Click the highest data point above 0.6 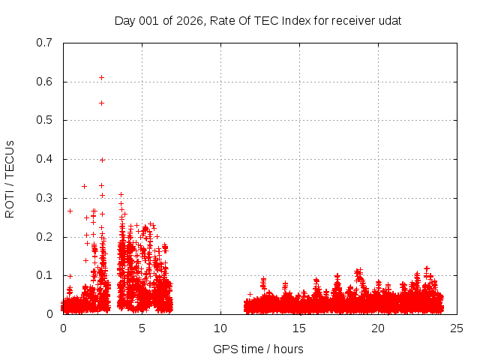pos(101,77)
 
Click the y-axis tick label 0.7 pos(44,43)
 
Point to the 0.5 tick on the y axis pos(44,120)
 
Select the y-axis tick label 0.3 pos(44,198)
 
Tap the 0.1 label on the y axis pos(44,275)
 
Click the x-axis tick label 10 pos(220,328)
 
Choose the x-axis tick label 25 pos(457,328)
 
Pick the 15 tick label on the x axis pos(299,328)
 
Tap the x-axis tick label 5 pos(142,328)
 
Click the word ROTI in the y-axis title pos(10,203)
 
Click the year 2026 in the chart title pos(190,21)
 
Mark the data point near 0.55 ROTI pos(101,103)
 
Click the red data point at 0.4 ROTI pos(102,160)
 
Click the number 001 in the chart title pos(152,21)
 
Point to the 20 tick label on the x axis pos(378,328)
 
